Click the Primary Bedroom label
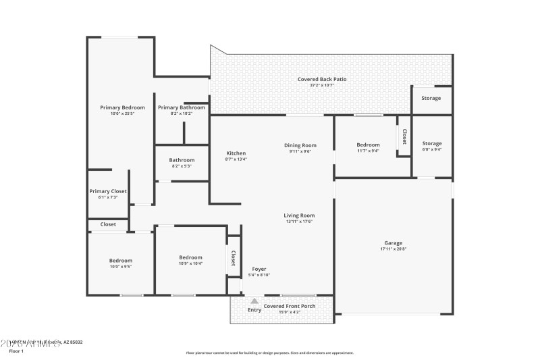[122, 107]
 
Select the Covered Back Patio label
[322, 79]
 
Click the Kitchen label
[236, 153]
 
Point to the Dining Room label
[300, 145]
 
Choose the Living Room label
[299, 215]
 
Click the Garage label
[394, 242]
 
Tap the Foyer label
[259, 269]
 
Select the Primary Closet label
[108, 191]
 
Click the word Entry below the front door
[254, 310]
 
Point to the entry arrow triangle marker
[254, 301]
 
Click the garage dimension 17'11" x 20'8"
[394, 249]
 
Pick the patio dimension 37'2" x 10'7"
[322, 85]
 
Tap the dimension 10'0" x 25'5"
[122, 113]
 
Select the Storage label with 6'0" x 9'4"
[432, 143]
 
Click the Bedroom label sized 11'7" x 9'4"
[368, 145]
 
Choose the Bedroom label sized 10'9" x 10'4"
[190, 257]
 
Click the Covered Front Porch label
[290, 306]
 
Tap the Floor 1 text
[16, 351]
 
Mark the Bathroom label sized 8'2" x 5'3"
[182, 160]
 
